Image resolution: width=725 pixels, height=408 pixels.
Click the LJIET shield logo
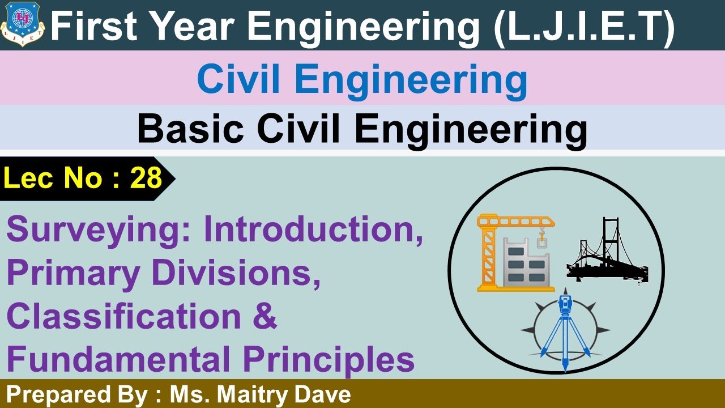pos(22,24)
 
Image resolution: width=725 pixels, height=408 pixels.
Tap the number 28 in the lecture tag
pos(146,179)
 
